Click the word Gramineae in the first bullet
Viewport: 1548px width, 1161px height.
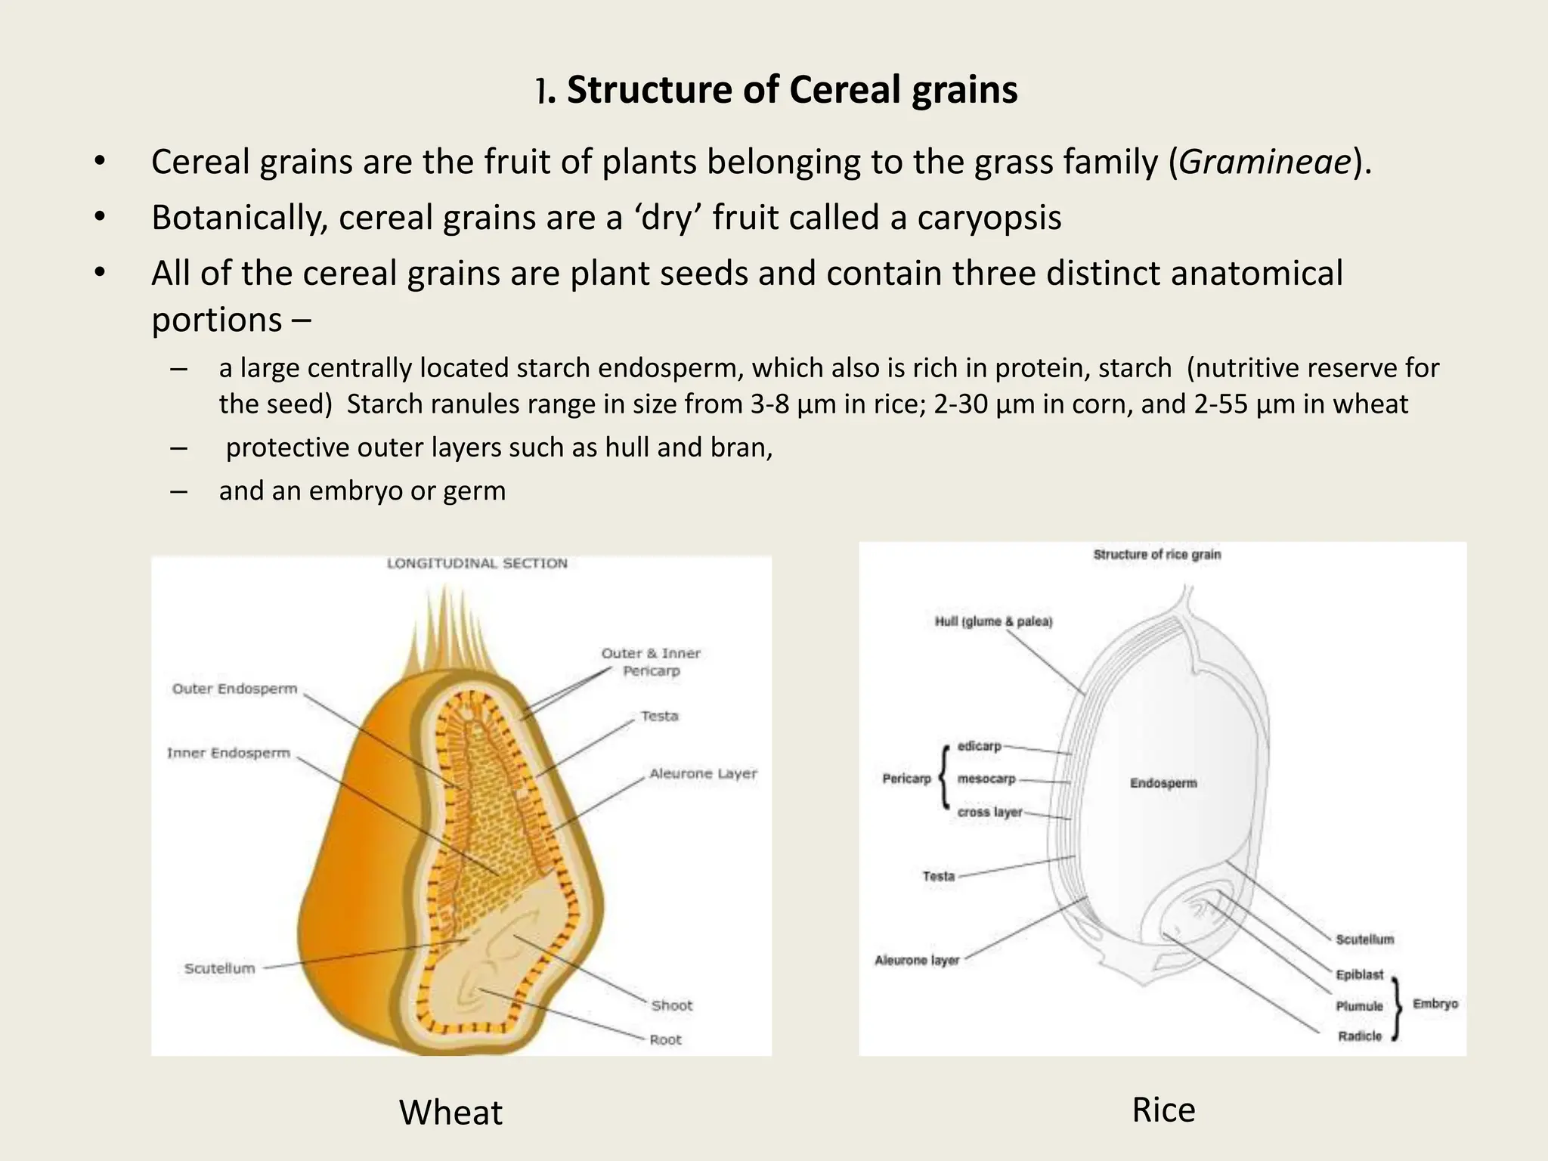click(1264, 162)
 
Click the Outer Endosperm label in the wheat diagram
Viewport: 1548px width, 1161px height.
click(234, 689)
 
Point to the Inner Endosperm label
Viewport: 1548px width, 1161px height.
click(228, 753)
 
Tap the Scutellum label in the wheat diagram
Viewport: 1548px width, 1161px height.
click(220, 968)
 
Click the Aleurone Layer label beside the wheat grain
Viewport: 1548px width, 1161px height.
click(703, 773)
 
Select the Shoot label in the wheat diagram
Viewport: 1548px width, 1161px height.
click(671, 1005)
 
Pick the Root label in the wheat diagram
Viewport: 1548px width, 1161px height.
click(665, 1039)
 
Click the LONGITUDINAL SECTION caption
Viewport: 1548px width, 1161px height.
click(477, 563)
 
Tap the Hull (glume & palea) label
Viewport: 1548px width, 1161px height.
click(993, 621)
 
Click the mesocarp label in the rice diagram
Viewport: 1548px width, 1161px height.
click(986, 779)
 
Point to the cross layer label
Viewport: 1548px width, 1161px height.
click(989, 812)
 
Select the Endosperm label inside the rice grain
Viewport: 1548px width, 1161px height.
click(1163, 783)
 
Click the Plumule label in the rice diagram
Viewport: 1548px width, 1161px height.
click(1359, 1006)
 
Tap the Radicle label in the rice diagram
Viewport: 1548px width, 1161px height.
click(1359, 1036)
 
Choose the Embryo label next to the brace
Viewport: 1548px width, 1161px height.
click(1435, 1004)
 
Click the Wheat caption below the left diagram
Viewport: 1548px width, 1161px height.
click(450, 1113)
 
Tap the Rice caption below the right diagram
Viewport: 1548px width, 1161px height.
click(1163, 1110)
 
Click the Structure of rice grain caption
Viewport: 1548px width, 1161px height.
click(1156, 555)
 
